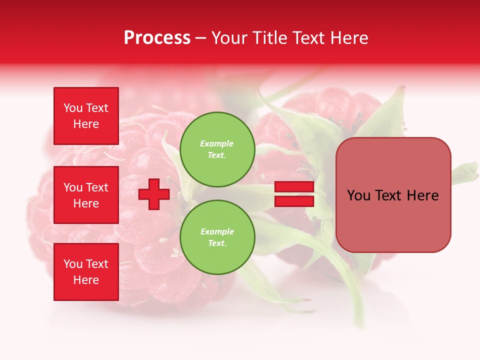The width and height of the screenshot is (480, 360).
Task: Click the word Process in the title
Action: click(157, 38)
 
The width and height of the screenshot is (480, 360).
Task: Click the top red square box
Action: click(86, 116)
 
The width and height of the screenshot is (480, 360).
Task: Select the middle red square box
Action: click(86, 195)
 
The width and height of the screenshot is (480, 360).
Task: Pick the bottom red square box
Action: click(86, 271)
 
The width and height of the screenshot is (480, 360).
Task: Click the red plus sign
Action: click(154, 194)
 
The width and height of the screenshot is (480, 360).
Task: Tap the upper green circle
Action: click(217, 149)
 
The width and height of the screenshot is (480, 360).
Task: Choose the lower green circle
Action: click(217, 237)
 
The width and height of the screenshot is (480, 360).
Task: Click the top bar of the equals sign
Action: click(294, 187)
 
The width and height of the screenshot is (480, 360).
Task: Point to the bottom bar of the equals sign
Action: click(294, 201)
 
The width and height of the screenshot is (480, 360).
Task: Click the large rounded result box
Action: click(393, 194)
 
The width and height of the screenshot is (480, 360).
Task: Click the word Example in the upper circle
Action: click(217, 143)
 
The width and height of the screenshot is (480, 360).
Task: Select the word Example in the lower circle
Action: click(217, 231)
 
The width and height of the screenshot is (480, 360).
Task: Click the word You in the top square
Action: click(72, 108)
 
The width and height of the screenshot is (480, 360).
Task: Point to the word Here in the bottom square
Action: click(86, 280)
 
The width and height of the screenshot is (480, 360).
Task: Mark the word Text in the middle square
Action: click(96, 187)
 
